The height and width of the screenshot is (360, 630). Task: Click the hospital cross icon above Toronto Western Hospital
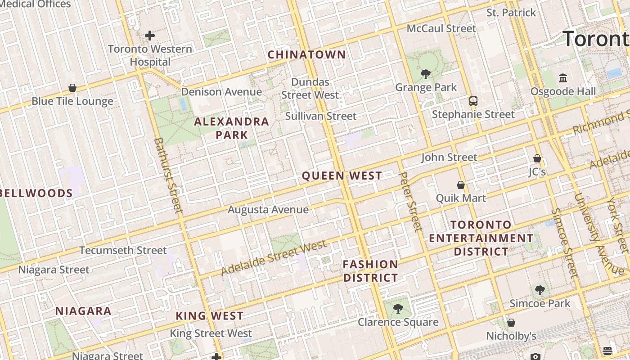[150, 35]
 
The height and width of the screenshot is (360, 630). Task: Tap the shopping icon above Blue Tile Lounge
[72, 88]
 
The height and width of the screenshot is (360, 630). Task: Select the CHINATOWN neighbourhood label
[307, 55]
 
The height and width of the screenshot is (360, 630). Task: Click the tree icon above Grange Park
[425, 74]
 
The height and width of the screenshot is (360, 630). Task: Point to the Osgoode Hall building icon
[563, 78]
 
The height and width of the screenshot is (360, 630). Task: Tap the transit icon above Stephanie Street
[473, 101]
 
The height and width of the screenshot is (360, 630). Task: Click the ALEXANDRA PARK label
[232, 128]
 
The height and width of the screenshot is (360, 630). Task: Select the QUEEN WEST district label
[342, 176]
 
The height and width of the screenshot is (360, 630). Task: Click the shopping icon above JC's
[537, 158]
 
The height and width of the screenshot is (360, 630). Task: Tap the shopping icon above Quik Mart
[460, 185]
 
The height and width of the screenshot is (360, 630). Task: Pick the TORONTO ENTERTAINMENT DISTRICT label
[481, 238]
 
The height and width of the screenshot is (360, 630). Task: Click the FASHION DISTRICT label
[370, 271]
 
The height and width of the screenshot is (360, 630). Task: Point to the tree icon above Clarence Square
[397, 309]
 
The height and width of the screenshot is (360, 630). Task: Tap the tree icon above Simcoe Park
[540, 290]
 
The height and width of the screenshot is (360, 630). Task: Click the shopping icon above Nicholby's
[511, 323]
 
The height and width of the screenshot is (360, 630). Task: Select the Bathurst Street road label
[168, 175]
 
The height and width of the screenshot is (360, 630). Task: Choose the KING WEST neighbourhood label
[210, 316]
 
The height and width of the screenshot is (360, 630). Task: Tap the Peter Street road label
[410, 201]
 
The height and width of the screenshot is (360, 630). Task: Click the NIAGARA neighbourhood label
[83, 311]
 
